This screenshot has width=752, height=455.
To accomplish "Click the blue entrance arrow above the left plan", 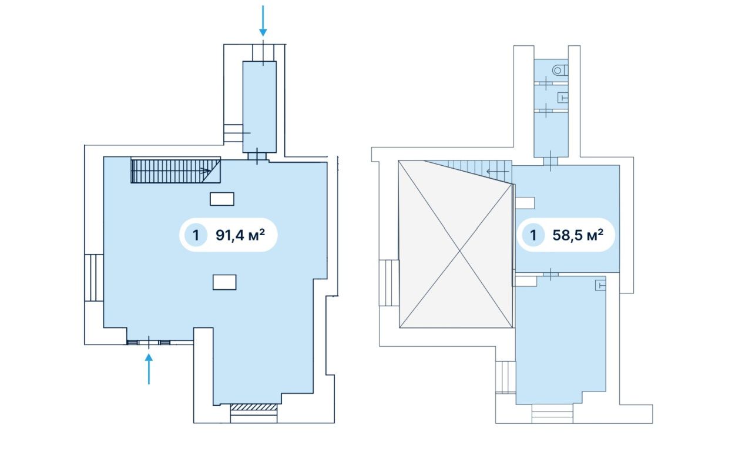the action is (263, 20).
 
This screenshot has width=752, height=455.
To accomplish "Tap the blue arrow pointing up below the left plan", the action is (149, 369).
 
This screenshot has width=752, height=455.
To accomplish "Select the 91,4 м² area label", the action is (240, 235).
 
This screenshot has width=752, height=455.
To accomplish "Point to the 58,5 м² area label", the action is (578, 235).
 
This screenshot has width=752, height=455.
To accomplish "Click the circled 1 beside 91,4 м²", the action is (196, 235).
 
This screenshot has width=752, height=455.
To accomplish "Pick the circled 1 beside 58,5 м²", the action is (533, 235).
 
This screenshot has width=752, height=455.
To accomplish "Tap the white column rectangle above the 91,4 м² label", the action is (222, 199).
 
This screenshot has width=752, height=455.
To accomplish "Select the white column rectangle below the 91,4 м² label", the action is (224, 282).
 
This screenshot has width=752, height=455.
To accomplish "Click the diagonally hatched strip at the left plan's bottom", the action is (254, 407).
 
